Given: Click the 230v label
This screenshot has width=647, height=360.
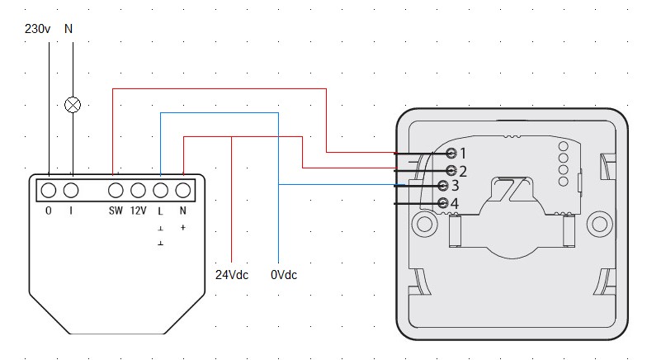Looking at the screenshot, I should click(x=38, y=29).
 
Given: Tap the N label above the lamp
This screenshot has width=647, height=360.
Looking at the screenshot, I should click(x=68, y=29).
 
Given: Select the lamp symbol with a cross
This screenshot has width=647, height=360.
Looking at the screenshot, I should click(x=73, y=105).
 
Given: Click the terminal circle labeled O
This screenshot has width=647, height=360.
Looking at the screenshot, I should click(x=49, y=190).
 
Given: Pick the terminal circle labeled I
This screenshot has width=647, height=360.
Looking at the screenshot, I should click(x=72, y=190).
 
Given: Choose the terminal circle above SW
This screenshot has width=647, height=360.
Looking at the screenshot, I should click(x=116, y=190).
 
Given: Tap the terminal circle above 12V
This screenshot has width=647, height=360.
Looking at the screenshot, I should click(x=138, y=190).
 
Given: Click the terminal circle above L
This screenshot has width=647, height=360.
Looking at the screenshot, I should click(x=161, y=190).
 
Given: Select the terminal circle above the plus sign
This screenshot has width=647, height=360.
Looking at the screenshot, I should click(x=182, y=190).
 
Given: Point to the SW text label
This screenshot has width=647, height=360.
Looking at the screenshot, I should click(x=116, y=211).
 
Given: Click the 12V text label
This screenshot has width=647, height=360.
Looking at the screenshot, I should click(x=138, y=211).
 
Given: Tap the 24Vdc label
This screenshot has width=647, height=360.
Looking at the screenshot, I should click(x=231, y=274).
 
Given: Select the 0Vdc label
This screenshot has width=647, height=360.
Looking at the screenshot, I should click(x=283, y=274).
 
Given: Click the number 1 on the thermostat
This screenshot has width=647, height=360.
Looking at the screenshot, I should click(x=463, y=153).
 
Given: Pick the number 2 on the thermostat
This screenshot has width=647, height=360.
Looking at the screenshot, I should click(x=463, y=172).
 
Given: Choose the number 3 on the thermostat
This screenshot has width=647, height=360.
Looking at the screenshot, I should click(x=455, y=187).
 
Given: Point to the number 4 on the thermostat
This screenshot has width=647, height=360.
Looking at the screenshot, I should click(x=455, y=203).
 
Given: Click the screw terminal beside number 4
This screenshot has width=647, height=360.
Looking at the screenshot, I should click(x=443, y=202).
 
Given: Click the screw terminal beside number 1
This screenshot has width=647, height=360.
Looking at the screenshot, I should click(x=451, y=153).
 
